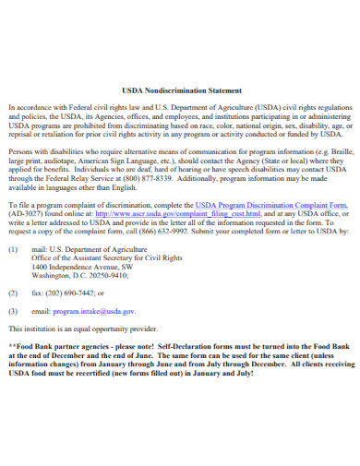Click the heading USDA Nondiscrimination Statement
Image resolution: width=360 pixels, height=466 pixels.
[x=180, y=91]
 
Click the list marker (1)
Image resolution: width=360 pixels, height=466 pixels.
[x=13, y=250]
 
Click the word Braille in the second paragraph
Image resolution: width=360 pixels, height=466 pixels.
[x=341, y=149]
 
